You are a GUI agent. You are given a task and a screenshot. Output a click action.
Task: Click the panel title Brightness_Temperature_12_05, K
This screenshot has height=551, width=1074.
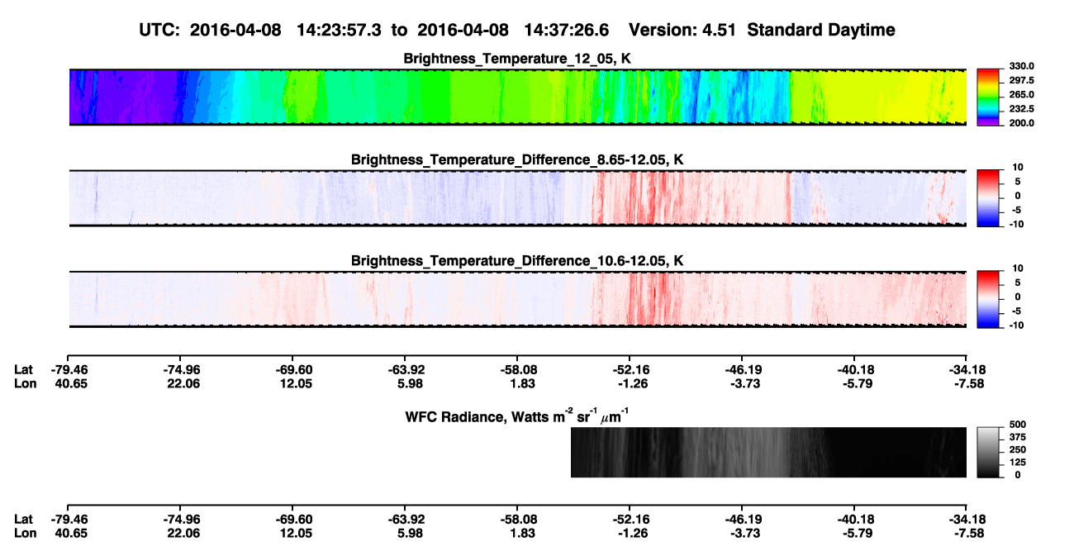(517, 59)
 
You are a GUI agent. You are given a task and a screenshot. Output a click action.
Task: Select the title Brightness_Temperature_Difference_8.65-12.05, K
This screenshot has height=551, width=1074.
(517, 159)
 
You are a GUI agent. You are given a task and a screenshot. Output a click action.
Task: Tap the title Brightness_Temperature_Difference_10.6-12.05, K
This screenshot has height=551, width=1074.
(517, 261)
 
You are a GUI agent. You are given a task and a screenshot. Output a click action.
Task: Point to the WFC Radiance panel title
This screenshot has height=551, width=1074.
(517, 416)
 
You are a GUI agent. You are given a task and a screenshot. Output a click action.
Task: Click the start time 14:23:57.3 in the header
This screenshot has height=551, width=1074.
(339, 30)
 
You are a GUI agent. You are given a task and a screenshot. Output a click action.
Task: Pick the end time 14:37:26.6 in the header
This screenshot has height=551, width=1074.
(566, 30)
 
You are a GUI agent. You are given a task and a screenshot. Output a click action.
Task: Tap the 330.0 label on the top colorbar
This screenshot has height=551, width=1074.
(1021, 66)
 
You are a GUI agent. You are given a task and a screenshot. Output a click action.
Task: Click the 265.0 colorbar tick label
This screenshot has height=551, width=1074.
(1021, 94)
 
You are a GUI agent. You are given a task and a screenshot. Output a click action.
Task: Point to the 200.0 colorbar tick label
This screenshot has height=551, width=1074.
(1021, 123)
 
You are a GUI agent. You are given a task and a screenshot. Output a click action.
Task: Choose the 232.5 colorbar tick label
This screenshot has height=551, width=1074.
(1021, 109)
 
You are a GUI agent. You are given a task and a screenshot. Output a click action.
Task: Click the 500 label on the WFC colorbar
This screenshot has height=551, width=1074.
(1018, 425)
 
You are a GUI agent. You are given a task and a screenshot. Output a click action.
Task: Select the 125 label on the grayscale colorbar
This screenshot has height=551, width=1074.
(1018, 463)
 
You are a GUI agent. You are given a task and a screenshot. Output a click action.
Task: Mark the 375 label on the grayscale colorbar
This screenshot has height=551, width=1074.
(1018, 437)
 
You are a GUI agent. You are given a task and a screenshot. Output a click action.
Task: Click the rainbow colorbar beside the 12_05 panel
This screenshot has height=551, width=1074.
(988, 97)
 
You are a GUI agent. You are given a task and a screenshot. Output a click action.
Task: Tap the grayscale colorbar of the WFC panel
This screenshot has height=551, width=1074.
(988, 452)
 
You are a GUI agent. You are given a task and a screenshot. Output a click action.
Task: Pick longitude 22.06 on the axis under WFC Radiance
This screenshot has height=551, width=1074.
(183, 534)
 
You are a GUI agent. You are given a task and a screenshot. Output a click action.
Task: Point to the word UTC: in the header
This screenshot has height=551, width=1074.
(159, 30)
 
